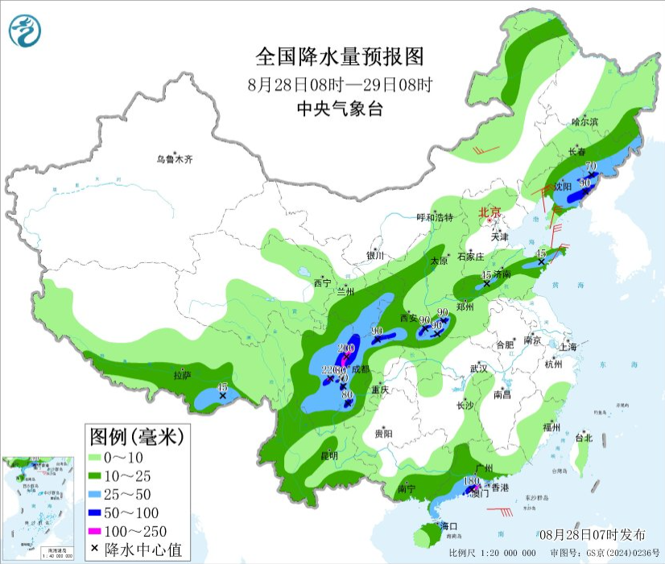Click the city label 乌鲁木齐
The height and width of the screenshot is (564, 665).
click(175, 159)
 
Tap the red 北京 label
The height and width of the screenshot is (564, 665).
click(489, 213)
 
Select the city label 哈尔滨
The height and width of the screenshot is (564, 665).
click(584, 121)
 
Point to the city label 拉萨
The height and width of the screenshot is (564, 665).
click(182, 375)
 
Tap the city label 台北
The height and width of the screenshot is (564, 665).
click(583, 438)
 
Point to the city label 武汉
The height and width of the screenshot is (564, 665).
click(481, 368)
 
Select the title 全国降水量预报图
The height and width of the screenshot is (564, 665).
click(339, 56)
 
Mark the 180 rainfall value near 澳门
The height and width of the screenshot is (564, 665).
click(473, 480)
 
